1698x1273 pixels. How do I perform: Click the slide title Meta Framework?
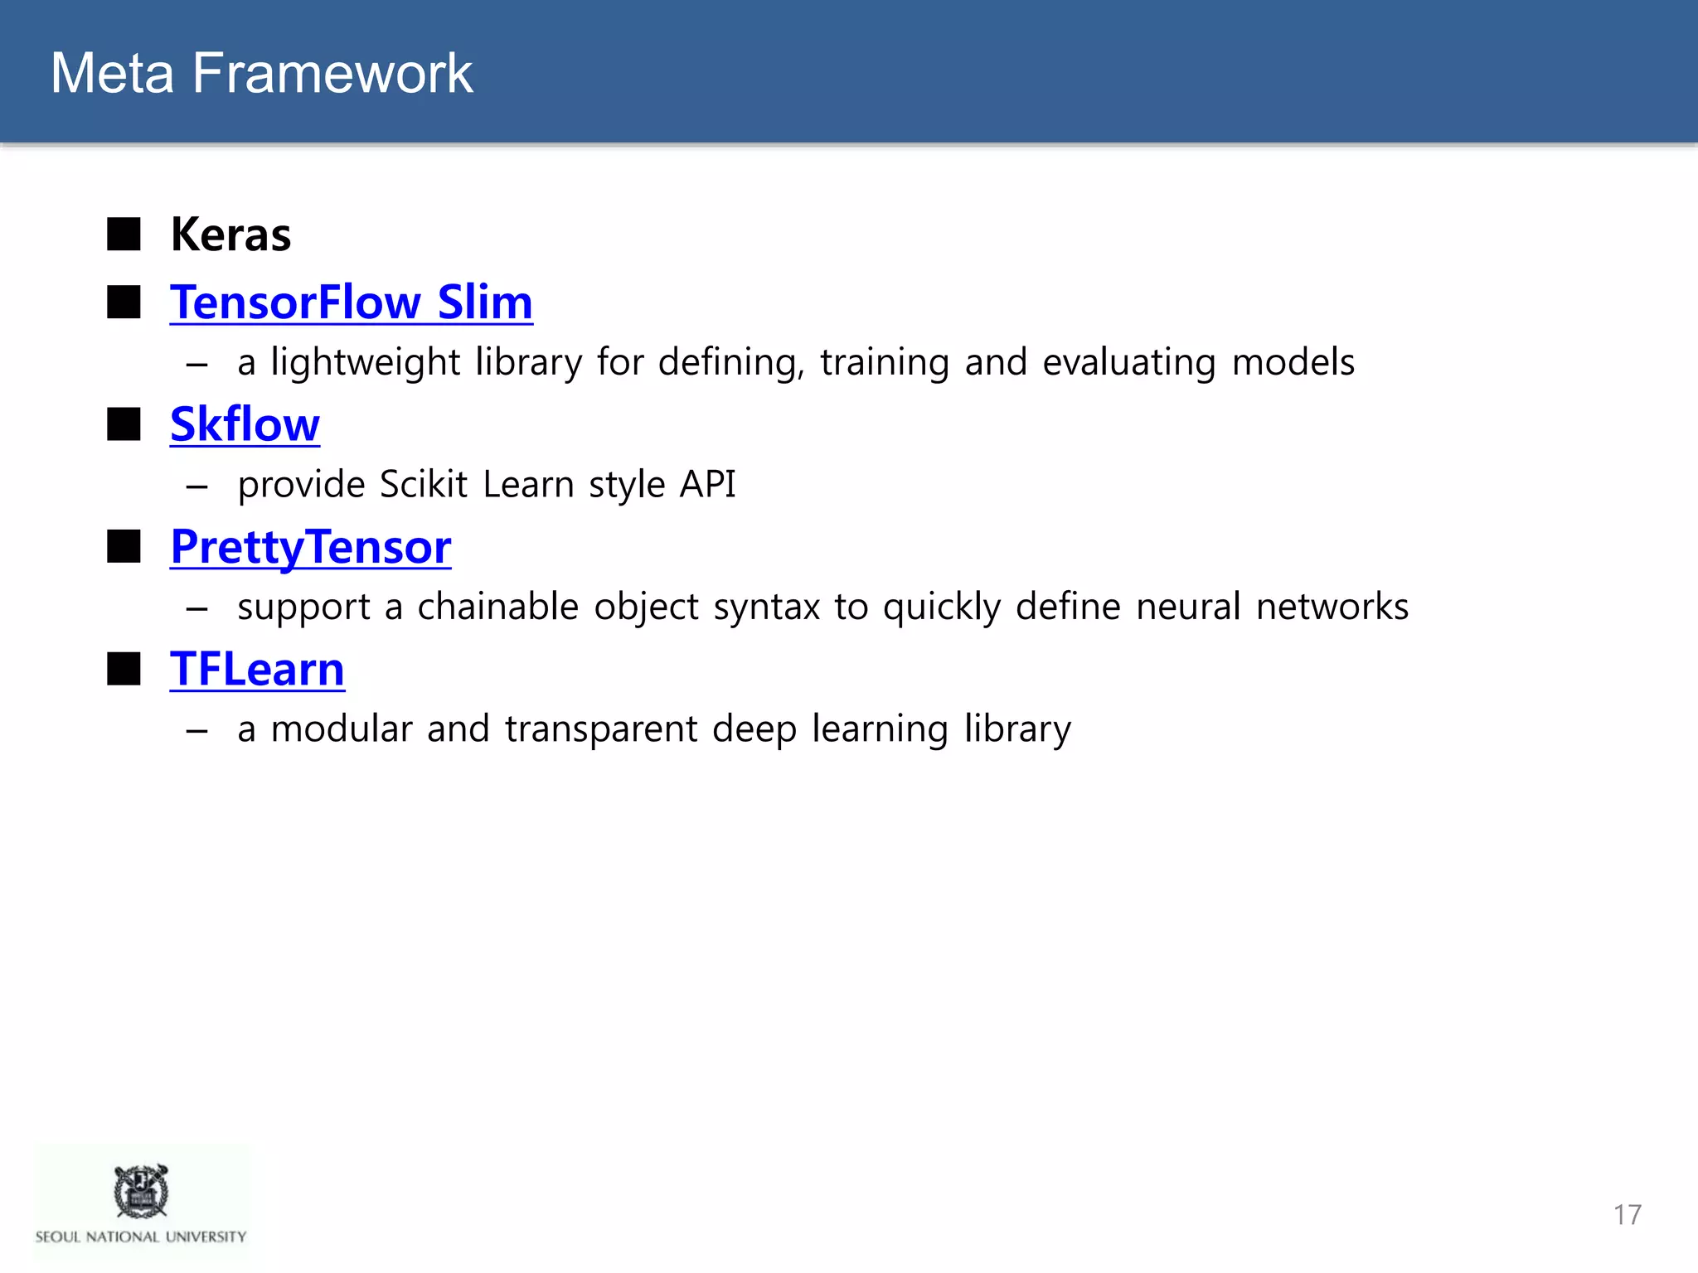point(261,73)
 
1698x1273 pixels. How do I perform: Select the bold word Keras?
point(230,235)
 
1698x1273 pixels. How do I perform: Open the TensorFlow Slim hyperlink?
point(352,303)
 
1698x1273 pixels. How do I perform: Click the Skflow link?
point(245,425)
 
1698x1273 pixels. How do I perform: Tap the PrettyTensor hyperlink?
point(311,547)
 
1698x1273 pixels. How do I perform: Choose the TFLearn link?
point(257,670)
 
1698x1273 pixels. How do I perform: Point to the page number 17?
point(1627,1215)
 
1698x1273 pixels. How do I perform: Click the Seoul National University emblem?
point(141,1191)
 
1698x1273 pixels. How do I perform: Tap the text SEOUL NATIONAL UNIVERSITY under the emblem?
point(141,1237)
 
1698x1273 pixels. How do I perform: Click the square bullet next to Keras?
point(124,235)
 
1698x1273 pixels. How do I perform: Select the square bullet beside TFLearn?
point(124,669)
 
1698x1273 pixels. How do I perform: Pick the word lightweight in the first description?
point(365,363)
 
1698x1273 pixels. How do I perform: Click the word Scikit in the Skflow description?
point(423,485)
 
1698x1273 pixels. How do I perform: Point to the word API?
point(707,485)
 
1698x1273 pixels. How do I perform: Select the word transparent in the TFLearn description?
point(601,729)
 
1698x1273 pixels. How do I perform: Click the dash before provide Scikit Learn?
point(197,486)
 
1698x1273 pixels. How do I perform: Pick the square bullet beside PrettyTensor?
point(124,547)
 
